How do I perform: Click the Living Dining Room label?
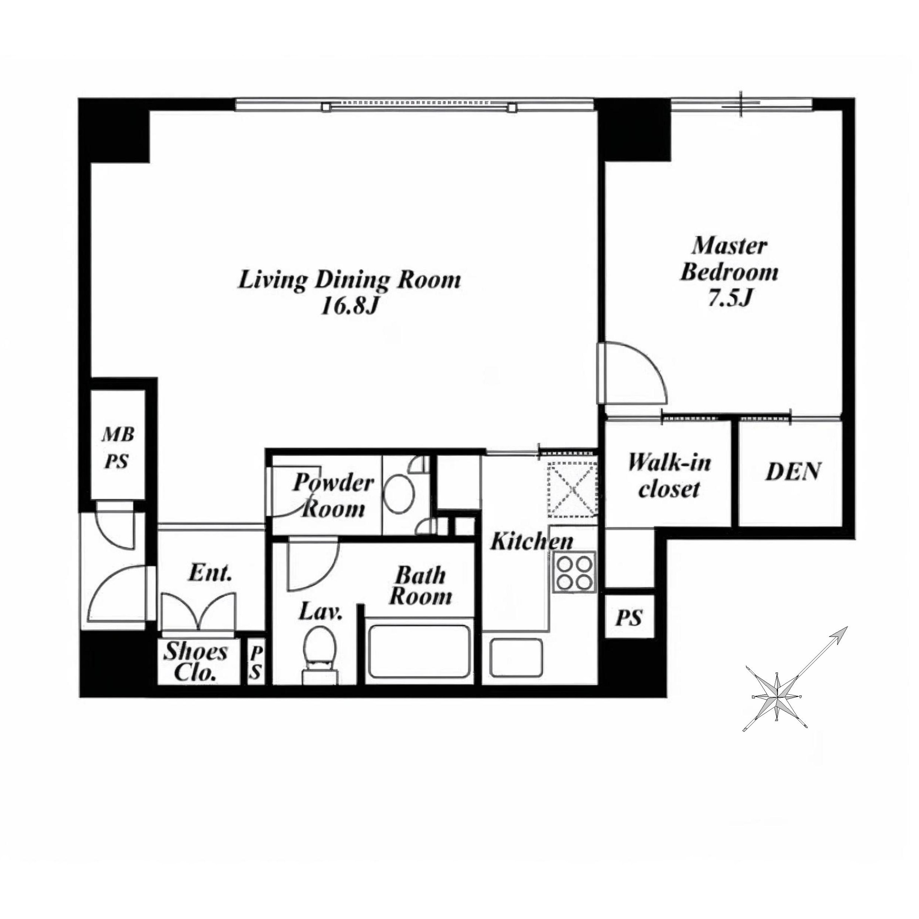click(349, 280)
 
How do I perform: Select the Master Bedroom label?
click(729, 259)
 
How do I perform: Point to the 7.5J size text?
click(730, 299)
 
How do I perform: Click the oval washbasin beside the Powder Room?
click(399, 494)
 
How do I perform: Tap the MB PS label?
click(117, 447)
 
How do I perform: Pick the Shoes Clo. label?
click(196, 662)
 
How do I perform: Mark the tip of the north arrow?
click(847, 627)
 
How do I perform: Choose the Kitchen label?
click(531, 541)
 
